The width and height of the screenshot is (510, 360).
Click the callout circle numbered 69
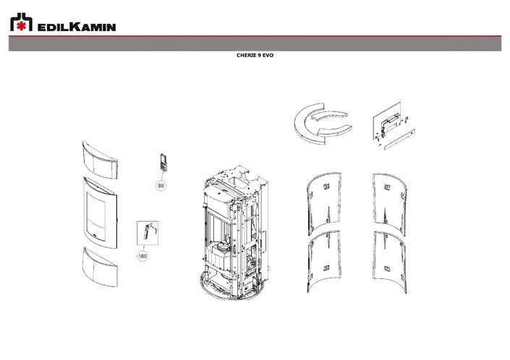tap(161, 186)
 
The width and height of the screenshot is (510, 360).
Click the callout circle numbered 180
tap(143, 255)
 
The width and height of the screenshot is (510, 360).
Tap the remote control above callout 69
tap(163, 163)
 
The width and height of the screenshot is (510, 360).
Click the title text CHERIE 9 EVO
tap(254, 55)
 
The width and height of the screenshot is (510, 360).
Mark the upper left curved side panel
tap(323, 199)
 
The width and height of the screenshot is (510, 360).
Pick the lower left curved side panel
tap(323, 257)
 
